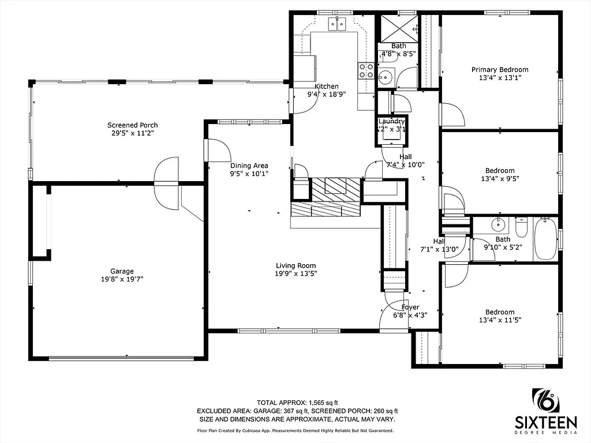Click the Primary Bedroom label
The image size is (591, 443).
[499, 70]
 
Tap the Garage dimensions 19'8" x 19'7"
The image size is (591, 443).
[122, 279]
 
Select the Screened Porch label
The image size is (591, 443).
[132, 125]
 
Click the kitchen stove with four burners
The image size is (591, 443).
[366, 70]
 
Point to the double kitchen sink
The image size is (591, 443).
[337, 24]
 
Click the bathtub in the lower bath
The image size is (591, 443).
[545, 239]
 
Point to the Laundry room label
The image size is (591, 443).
[391, 121]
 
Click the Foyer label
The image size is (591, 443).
[410, 307]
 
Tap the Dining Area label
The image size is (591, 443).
[249, 166]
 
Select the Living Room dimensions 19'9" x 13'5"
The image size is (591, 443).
[295, 274]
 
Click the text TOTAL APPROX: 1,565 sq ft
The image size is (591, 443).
[297, 402]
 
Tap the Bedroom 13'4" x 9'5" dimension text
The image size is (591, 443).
[499, 179]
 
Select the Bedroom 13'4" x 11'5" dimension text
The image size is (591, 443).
[499, 321]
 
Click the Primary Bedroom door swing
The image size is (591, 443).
[452, 114]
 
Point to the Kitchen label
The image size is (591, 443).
[326, 86]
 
